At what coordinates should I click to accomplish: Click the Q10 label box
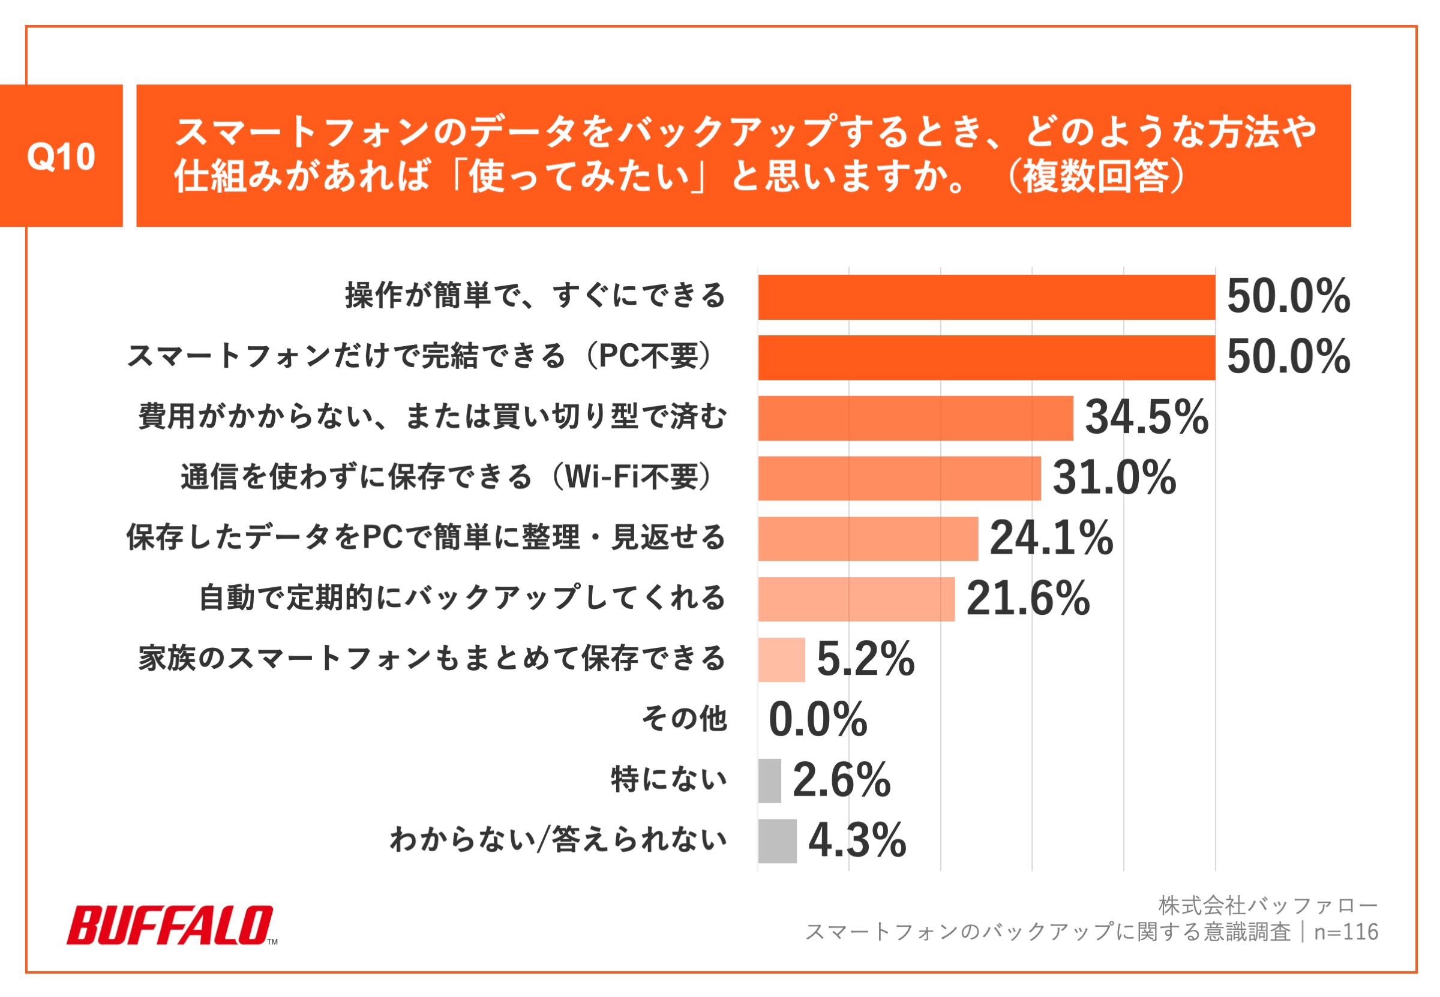[x=61, y=155]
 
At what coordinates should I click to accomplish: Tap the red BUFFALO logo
[x=170, y=925]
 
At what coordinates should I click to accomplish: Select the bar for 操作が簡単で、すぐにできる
[x=986, y=297]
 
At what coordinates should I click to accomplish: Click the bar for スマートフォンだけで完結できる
[x=986, y=358]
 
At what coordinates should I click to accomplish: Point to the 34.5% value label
[x=1147, y=418]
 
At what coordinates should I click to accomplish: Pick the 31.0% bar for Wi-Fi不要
[x=899, y=478]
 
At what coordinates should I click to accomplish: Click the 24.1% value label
[x=1051, y=538]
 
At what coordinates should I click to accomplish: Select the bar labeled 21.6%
[x=856, y=599]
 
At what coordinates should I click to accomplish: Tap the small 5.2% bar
[x=781, y=659]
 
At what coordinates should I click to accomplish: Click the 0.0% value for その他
[x=817, y=719]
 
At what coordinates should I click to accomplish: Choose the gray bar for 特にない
[x=769, y=780]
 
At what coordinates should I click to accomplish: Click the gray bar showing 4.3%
[x=776, y=840]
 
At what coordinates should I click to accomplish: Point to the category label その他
[x=684, y=719]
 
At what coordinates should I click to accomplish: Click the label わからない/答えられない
[x=558, y=840]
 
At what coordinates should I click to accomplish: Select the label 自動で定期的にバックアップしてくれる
[x=461, y=598]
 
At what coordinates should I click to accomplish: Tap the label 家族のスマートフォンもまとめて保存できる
[x=431, y=659]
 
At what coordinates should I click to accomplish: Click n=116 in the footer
[x=1346, y=932]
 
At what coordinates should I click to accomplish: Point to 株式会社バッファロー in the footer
[x=1268, y=905]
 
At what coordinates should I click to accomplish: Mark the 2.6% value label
[x=841, y=780]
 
